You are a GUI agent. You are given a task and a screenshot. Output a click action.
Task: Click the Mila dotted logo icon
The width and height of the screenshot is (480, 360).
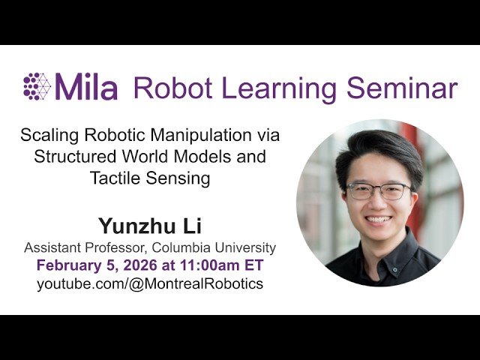[37, 86]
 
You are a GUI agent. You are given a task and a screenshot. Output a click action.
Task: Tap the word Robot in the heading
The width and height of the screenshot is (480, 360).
[168, 87]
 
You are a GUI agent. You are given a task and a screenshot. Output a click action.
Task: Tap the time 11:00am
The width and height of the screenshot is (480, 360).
[206, 265]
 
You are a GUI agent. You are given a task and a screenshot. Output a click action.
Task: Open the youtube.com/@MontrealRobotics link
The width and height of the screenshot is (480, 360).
[150, 284]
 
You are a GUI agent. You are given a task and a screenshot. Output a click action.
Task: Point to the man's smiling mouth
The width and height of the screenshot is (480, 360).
[378, 220]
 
